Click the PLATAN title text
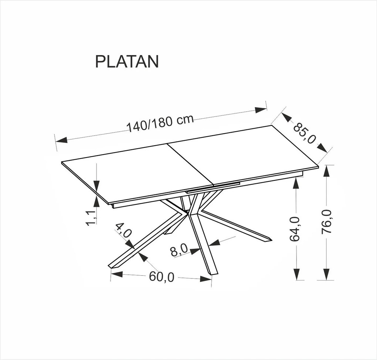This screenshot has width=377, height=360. pos(127,62)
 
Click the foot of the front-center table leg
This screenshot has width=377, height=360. pos(211,272)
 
